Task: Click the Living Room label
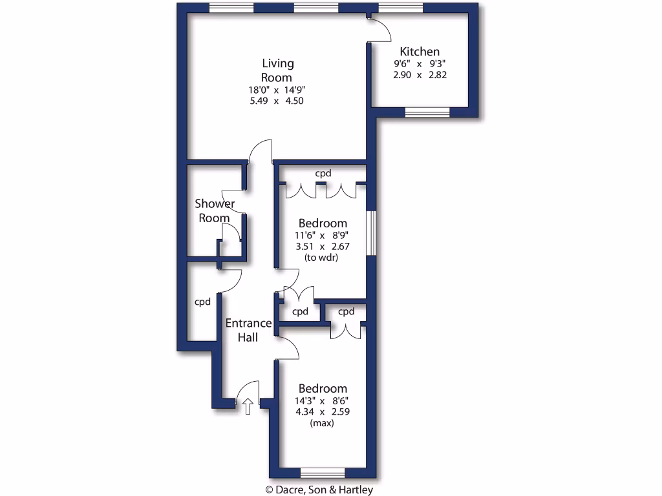coord(277,70)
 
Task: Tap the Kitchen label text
coord(420,52)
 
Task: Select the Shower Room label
coord(215,211)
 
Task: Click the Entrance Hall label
coord(248,330)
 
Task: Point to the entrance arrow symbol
coord(248,406)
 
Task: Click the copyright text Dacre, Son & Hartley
coord(319,490)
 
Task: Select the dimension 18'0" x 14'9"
coord(277,90)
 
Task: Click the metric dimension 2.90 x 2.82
coord(420,75)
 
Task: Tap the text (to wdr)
coord(322,257)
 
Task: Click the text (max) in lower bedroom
coord(322,423)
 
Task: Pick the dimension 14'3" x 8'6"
coord(322,400)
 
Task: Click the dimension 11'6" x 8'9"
coord(322,235)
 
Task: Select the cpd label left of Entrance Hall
coord(203,302)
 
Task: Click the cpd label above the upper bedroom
coord(323,173)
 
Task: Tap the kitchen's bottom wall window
coord(427,112)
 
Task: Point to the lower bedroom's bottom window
coord(323,472)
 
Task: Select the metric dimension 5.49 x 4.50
coord(277,101)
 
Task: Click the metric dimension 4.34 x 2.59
coord(322,411)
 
